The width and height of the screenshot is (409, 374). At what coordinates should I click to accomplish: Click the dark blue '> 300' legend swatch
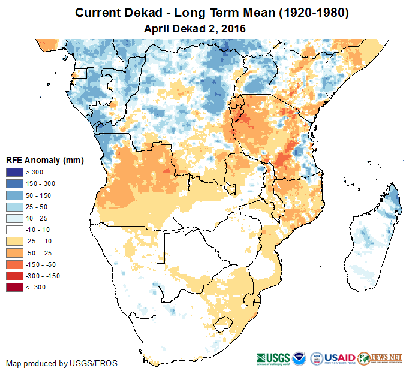[x=14, y=173]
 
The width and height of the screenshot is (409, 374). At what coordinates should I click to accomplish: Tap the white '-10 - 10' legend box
[x=14, y=230]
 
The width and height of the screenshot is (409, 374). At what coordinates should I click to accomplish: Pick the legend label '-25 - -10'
[x=39, y=241]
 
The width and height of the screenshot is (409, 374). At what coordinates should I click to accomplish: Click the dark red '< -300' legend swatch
[x=14, y=287]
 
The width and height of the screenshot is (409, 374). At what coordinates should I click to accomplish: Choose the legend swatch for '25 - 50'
[x=14, y=207]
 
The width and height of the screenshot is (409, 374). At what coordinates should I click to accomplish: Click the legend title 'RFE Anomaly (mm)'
[x=44, y=161]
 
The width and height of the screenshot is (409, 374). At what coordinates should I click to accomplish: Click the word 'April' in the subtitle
[x=158, y=28]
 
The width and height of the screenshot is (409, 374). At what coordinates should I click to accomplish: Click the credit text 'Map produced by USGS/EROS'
[x=62, y=363]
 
